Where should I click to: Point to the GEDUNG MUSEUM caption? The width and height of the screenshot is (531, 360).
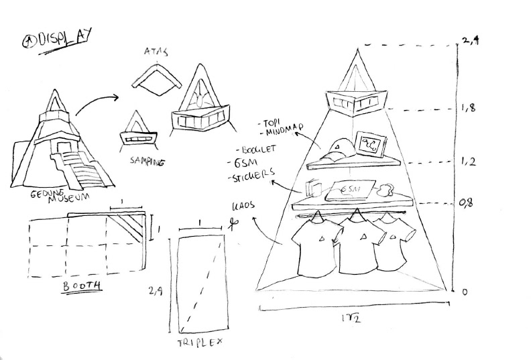[60, 196]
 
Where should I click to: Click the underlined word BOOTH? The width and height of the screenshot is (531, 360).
[82, 286]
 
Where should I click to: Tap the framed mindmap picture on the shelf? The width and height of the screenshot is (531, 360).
[370, 142]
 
